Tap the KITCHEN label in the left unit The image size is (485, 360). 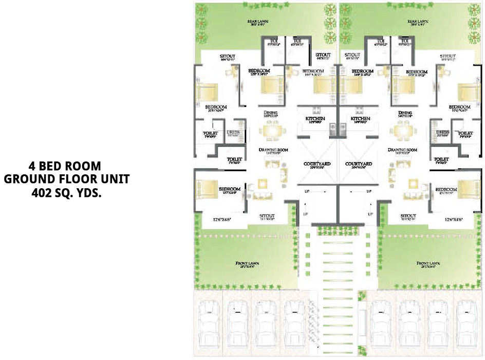[x=315, y=119]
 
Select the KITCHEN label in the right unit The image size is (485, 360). [x=361, y=119]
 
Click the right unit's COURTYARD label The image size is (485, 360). [x=359, y=164]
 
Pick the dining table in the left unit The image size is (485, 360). [x=271, y=132]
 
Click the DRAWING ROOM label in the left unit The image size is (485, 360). [x=273, y=150]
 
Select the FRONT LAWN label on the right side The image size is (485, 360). [x=430, y=263]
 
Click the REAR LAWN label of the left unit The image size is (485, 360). [x=258, y=22]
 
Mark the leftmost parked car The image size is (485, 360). [x=209, y=323]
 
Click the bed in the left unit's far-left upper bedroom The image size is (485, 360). [x=207, y=93]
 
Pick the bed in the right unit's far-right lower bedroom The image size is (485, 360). [x=468, y=189]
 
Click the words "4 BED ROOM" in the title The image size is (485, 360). [x=65, y=167]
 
